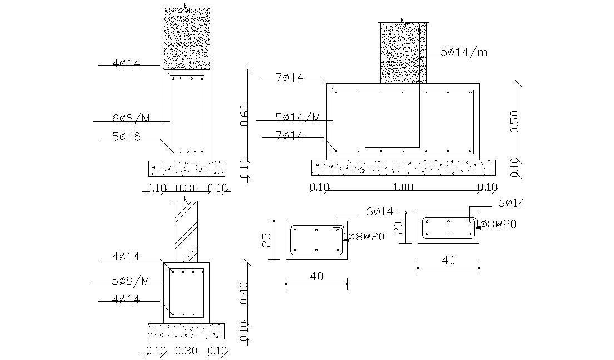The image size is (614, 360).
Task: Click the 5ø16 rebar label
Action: click(x=126, y=136)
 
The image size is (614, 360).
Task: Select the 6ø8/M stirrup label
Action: click(x=130, y=118)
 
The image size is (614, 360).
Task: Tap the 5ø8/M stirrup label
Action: click(x=131, y=280)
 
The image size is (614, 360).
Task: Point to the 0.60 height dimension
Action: click(x=244, y=115)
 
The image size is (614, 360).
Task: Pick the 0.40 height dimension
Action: click(x=244, y=291)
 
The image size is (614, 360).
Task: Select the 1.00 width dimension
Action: click(x=403, y=187)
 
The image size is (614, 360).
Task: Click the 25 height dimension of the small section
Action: click(x=267, y=240)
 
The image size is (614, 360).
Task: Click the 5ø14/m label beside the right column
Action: click(x=463, y=52)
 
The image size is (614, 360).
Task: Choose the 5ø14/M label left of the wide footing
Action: click(x=298, y=117)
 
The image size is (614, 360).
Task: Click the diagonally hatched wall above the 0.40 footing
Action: click(x=186, y=231)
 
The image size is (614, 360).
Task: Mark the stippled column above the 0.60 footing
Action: click(x=186, y=39)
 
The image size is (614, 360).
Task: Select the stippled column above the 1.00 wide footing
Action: click(x=403, y=53)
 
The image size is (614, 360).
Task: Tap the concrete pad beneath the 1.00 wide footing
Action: click(x=403, y=167)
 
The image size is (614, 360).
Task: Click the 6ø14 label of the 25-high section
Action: click(x=379, y=211)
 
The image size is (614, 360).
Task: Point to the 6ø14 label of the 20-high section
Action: click(x=511, y=203)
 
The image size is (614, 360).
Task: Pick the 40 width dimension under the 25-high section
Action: click(x=316, y=275)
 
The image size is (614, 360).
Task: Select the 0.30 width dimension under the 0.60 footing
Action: click(x=186, y=188)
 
